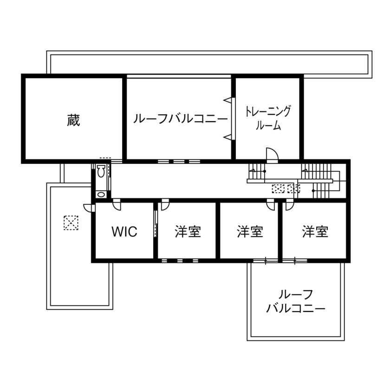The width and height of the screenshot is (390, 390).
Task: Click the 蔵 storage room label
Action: [73, 121]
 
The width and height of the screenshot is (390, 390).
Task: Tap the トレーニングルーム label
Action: [268, 118]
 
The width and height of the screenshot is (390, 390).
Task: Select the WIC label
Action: [124, 232]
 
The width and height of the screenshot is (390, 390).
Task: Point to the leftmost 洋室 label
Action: [188, 232]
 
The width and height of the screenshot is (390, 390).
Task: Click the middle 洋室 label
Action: [250, 232]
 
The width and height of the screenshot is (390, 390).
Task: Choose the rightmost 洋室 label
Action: [315, 232]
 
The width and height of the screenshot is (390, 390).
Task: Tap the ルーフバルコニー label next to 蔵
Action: [180, 119]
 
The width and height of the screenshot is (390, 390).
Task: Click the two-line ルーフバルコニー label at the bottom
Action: [296, 301]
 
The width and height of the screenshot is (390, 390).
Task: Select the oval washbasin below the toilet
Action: [101, 194]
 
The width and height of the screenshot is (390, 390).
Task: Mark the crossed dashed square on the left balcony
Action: [71, 223]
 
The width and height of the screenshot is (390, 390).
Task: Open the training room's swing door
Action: [272, 155]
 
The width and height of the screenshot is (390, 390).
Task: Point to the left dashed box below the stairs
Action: [278, 188]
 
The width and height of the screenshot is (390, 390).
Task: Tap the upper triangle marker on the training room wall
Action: [227, 100]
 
